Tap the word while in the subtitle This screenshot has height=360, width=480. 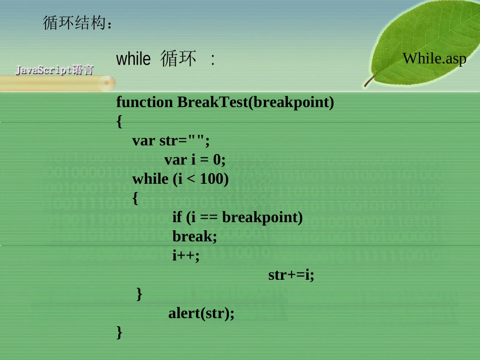click(x=133, y=60)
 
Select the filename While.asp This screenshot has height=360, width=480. click(x=435, y=58)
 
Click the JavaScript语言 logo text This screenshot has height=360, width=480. click(x=54, y=70)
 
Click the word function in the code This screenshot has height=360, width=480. click(x=145, y=102)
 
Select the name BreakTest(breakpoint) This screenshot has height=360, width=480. click(x=256, y=102)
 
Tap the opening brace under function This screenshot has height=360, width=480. click(x=119, y=122)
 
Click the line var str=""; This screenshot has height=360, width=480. click(x=171, y=140)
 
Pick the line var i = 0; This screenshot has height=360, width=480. click(x=195, y=160)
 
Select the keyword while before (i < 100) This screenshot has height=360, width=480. click(x=151, y=179)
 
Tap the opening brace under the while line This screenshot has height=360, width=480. click(x=135, y=198)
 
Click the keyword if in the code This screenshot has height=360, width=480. click(x=177, y=217)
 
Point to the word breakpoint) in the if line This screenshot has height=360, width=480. click(x=262, y=217)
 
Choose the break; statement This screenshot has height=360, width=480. click(x=195, y=236)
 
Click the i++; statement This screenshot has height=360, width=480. click(x=186, y=255)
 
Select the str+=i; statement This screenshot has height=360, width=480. click(x=291, y=275)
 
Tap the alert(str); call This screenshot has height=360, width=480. click(x=202, y=314)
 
